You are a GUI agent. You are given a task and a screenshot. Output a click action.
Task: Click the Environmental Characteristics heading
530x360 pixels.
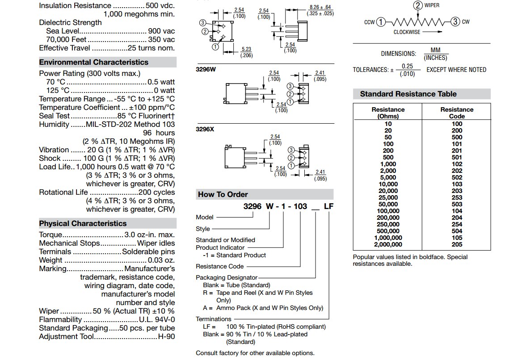click(x=94, y=63)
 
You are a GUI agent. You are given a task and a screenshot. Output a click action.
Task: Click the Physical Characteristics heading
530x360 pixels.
click(x=83, y=223)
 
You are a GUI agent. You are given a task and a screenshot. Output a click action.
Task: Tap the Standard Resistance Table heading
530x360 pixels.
click(x=408, y=94)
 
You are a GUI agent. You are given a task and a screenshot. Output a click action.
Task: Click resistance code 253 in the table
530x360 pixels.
click(x=457, y=197)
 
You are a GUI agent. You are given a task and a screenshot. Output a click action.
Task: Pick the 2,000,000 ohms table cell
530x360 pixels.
click(x=388, y=244)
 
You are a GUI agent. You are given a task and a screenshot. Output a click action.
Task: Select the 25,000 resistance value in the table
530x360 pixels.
click(x=388, y=197)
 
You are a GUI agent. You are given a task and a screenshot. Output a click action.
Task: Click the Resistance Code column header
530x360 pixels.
click(x=457, y=113)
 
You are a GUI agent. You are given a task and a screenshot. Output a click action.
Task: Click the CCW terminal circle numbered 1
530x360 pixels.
click(x=380, y=22)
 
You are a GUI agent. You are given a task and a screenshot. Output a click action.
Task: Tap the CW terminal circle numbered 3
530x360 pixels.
click(x=455, y=22)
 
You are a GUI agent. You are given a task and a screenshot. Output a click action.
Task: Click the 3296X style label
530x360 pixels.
click(x=205, y=130)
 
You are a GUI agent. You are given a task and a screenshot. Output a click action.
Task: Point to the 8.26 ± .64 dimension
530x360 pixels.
click(x=320, y=8)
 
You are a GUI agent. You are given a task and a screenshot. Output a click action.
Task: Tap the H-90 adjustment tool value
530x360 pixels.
click(x=166, y=336)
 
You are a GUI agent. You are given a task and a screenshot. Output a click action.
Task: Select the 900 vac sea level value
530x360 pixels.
click(x=161, y=31)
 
